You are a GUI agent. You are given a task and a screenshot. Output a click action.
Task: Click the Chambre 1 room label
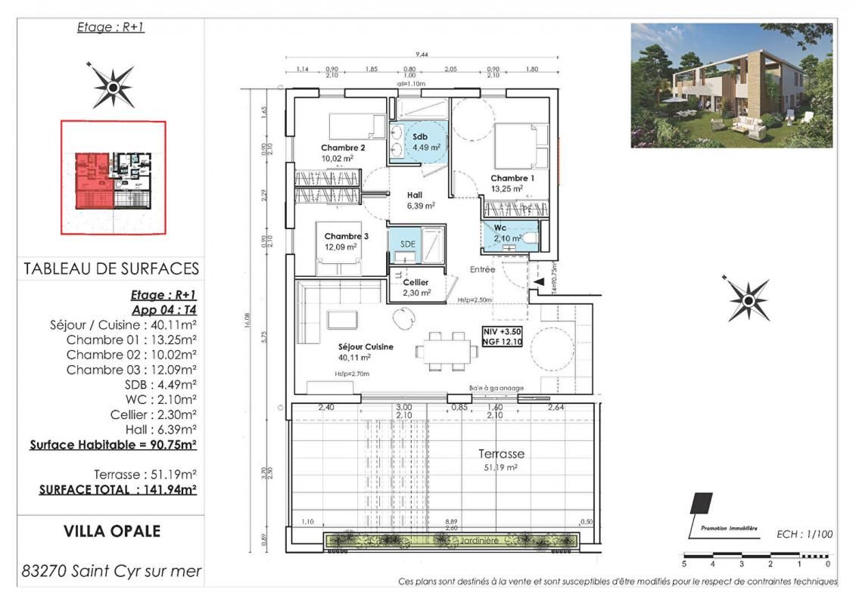point(512,178)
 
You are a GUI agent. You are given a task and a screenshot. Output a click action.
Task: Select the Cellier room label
point(416,282)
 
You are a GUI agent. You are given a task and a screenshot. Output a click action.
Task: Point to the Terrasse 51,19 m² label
point(500,454)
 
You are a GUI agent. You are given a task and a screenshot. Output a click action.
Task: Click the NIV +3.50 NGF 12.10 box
point(502,337)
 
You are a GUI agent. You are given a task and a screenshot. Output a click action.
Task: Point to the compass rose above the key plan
point(114,85)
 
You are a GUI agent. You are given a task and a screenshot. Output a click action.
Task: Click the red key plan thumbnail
point(114,178)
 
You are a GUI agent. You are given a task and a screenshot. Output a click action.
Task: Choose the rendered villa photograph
point(731,85)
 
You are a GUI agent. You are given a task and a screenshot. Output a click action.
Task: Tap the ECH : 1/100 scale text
point(804,534)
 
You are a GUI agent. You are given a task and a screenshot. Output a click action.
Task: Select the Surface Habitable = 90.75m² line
point(113,445)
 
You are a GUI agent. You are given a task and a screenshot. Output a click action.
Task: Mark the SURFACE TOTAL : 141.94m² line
point(117,489)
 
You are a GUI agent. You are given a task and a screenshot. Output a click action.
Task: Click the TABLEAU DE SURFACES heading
point(111,268)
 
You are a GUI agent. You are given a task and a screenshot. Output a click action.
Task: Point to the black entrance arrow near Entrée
point(538,281)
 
